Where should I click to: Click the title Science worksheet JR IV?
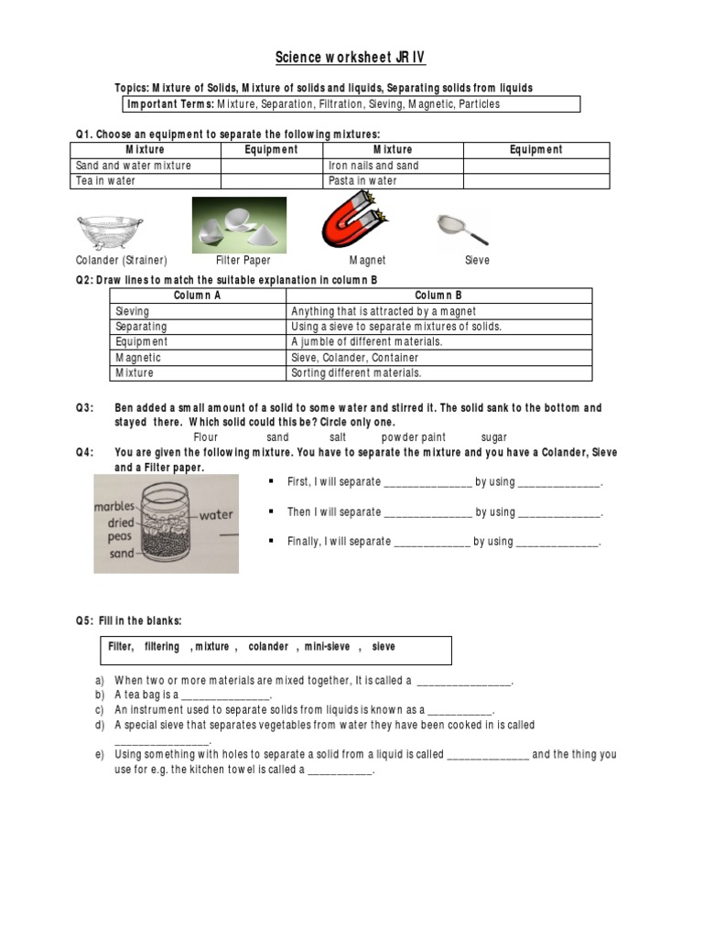pyautogui.click(x=351, y=59)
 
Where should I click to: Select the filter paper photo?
pyautogui.click(x=238, y=225)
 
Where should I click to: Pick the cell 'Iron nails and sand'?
pyautogui.click(x=373, y=166)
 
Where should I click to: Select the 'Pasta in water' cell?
pyautogui.click(x=362, y=181)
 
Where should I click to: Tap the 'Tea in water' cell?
pyautogui.click(x=106, y=181)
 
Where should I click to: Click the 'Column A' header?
pyautogui.click(x=197, y=296)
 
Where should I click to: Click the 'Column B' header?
pyautogui.click(x=438, y=296)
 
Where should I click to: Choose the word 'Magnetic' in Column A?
pyautogui.click(x=138, y=358)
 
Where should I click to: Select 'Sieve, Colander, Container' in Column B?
pyautogui.click(x=354, y=358)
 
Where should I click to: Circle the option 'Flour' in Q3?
pyautogui.click(x=206, y=437)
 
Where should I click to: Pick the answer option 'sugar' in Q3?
pyautogui.click(x=493, y=437)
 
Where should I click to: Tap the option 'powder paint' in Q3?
pyautogui.click(x=414, y=437)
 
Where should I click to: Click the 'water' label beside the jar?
pyautogui.click(x=216, y=515)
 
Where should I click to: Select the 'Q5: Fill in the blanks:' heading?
pyautogui.click(x=129, y=620)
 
